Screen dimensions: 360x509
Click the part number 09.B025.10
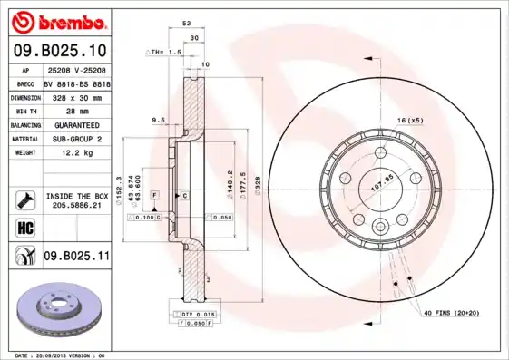coord(60,49)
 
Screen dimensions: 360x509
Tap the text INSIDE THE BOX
coord(76,196)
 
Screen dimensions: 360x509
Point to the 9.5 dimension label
coord(158,119)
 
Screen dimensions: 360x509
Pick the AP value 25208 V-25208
coord(76,69)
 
